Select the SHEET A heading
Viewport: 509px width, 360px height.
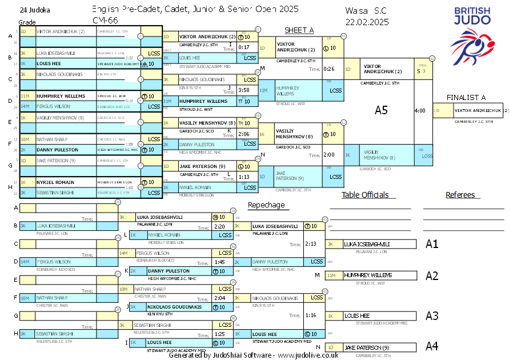[299, 30]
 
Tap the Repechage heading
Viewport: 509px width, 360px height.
[266, 205]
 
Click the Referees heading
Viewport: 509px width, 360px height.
[460, 195]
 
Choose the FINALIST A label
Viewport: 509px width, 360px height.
[466, 97]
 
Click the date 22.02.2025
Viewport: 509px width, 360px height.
[367, 22]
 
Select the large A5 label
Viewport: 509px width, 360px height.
[381, 110]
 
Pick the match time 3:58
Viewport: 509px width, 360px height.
[244, 90]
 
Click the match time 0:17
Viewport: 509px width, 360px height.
[244, 47]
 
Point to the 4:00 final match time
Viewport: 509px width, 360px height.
[419, 110]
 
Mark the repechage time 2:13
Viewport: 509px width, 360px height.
[311, 244]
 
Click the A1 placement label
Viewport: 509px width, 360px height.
[432, 244]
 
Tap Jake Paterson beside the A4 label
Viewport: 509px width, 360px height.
[366, 347]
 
